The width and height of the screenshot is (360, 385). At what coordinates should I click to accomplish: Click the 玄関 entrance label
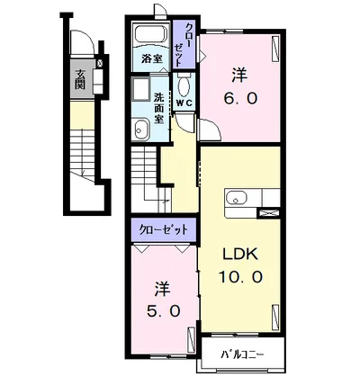point(79,79)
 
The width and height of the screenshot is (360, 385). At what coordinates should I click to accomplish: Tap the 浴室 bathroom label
point(152,59)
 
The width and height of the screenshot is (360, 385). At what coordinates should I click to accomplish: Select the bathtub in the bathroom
point(151,35)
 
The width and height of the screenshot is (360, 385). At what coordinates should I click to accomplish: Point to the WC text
point(184,103)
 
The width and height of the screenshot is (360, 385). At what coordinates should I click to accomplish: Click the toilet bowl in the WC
point(184,85)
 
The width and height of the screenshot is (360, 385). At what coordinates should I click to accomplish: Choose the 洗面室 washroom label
point(159,108)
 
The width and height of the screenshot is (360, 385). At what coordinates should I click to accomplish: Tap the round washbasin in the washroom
point(140,130)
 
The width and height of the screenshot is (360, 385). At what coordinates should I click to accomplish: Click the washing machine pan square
point(140,89)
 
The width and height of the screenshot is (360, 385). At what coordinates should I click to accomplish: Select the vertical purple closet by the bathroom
point(184,45)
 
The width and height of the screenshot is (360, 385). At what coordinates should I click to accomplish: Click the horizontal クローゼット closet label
point(164,229)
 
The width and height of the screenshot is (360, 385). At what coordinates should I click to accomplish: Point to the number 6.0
point(240,98)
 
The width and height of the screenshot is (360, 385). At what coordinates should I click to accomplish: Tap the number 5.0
point(164,311)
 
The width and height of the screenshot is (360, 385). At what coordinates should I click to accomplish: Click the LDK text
point(240,255)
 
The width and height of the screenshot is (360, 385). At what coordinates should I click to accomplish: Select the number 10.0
point(241,277)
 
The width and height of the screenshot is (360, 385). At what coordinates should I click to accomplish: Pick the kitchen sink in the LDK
point(237,199)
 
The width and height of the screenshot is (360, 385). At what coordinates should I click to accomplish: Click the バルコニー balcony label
point(243,355)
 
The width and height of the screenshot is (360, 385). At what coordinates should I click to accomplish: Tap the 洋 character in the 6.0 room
point(239,76)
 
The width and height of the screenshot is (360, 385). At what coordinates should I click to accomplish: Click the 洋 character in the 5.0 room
point(163,289)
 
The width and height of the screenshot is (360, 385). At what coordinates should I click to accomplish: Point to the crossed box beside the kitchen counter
point(269,213)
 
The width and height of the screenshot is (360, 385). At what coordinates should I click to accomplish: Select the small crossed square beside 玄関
point(100,63)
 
